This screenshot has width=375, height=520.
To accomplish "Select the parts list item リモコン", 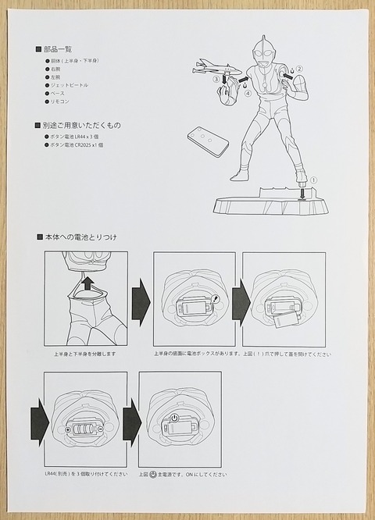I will pos(63,103).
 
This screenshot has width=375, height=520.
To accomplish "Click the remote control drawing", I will pos(208,142).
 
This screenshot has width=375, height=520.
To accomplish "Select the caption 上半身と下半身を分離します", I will pos(84,354).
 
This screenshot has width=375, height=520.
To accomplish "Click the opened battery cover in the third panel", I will pos(285,316).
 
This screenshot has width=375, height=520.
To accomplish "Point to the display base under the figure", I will pos(271,205).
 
